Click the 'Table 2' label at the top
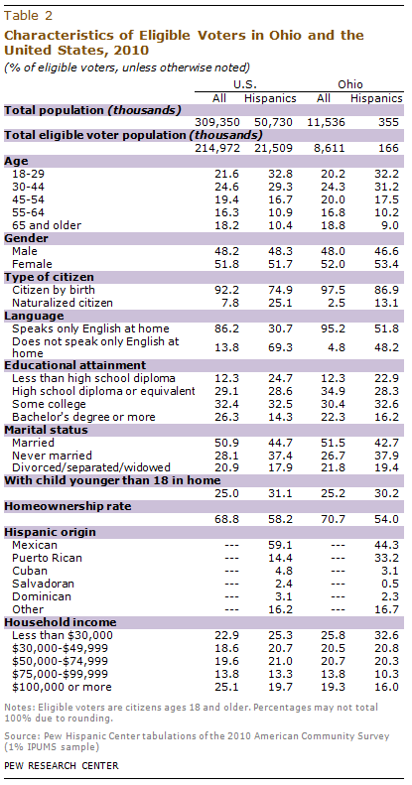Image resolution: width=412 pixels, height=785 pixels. pyautogui.click(x=29, y=14)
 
